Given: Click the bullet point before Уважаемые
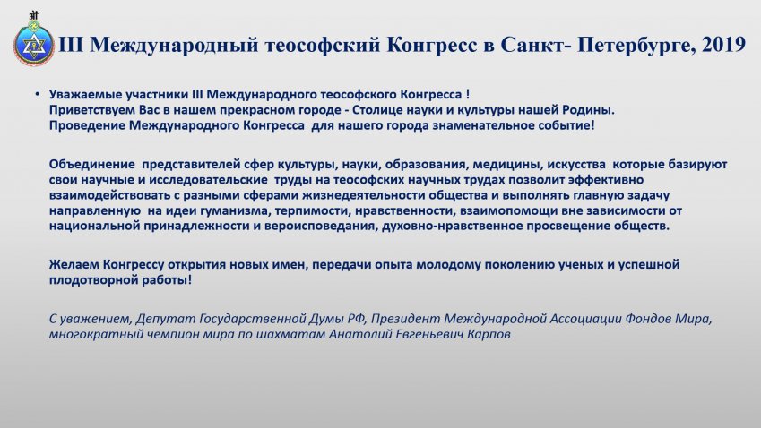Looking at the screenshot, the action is click(x=38, y=94).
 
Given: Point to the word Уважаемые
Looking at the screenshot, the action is click(x=85, y=95).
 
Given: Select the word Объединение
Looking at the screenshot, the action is click(x=91, y=165).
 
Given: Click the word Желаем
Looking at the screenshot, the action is click(x=74, y=265).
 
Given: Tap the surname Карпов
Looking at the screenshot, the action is click(x=489, y=335).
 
